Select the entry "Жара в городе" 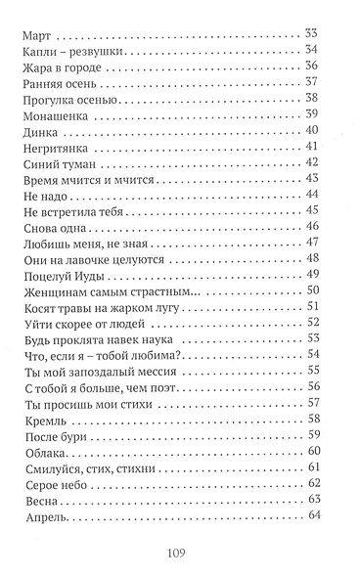click(x=60, y=66)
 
